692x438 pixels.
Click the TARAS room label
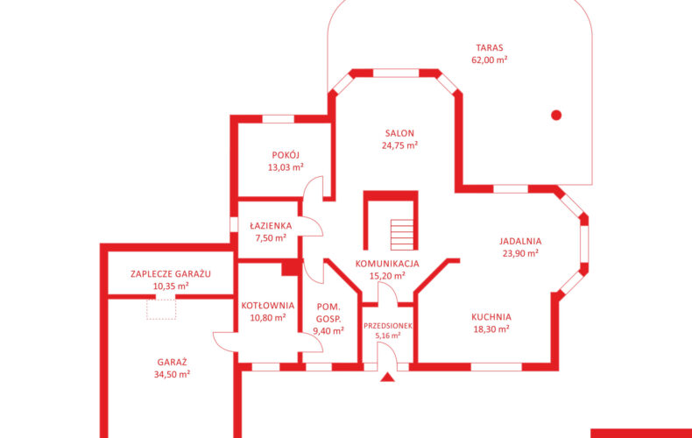point(490,47)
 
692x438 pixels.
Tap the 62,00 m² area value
point(490,60)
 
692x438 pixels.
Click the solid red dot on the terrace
point(556,116)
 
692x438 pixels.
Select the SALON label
point(399,133)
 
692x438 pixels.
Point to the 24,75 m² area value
point(399,145)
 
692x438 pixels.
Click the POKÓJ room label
point(286,155)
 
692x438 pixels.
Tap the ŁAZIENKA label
point(271,226)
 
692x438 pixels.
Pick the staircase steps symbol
point(402,235)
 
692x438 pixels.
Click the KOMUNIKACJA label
point(387,264)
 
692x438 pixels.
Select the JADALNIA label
point(520,242)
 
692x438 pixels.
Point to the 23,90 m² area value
point(520,253)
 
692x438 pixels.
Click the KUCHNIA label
point(491,317)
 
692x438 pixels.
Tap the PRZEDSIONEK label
point(388,326)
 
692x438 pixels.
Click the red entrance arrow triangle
point(387,377)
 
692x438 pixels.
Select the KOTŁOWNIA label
point(268,306)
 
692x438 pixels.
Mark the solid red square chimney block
point(292,267)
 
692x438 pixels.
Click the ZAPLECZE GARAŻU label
point(171,273)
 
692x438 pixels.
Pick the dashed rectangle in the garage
point(161,309)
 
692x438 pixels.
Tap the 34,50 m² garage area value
point(172,374)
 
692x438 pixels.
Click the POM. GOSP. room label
point(328,313)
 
